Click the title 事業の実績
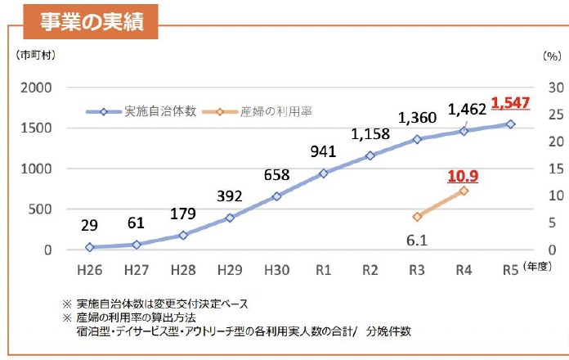pos(91,22)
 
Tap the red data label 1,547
pos(511,104)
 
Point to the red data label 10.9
pos(463,175)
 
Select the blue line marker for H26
pos(90,247)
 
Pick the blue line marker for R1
pos(324,173)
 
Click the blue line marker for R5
pos(510,124)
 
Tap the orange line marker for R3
pos(417,217)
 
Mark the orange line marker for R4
pos(464,191)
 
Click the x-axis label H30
pos(277,268)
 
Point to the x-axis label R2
pos(370,268)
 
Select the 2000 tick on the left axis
pos(36,88)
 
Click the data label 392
pos(231,196)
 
